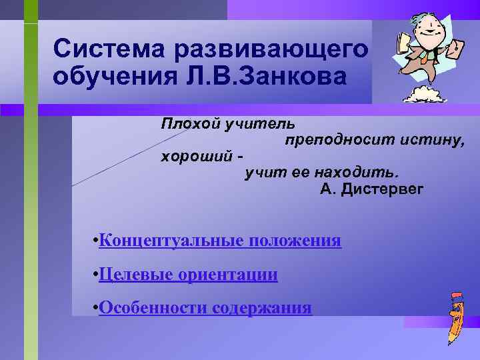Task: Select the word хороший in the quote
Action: (x=194, y=157)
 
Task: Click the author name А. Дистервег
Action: (x=371, y=190)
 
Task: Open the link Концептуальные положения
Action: (x=219, y=241)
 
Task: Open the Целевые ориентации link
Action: (x=188, y=274)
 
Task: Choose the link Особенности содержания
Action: (x=205, y=307)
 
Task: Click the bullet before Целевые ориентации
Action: (x=96, y=274)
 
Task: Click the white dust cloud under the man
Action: (x=425, y=93)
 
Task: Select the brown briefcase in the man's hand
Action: (x=456, y=49)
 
